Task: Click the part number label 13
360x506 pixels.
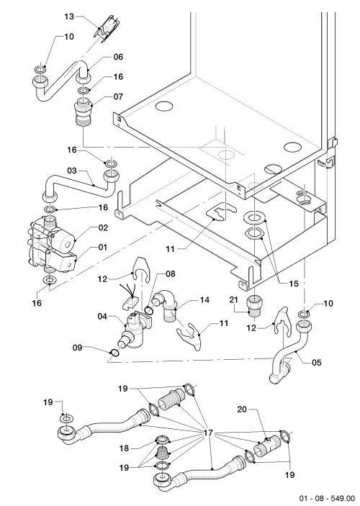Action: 69,16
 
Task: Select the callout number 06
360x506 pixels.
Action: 118,57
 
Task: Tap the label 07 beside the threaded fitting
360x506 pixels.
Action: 118,96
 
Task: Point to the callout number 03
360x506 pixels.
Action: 72,170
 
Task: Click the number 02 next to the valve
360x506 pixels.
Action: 103,228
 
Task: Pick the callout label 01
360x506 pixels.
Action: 102,247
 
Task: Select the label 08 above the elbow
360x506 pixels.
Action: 170,274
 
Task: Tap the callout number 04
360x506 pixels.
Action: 103,316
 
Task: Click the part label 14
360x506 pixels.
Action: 204,300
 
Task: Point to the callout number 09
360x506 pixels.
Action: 77,348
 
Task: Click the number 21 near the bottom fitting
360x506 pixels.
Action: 233,300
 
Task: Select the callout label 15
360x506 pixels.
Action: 294,284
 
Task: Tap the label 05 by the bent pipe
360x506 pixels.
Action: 317,363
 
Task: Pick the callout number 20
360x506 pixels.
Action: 242,409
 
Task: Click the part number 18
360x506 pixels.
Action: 124,448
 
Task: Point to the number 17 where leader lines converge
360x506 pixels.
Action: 209,433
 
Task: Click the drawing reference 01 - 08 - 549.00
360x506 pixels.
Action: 326,498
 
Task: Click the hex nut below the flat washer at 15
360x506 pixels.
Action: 254,234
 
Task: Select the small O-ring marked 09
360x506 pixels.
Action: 114,353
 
